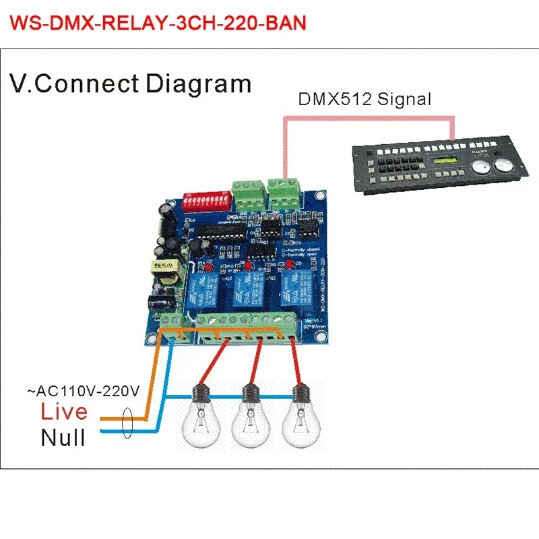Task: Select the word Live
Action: (64, 411)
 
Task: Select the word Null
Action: (63, 438)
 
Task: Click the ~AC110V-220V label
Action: (83, 389)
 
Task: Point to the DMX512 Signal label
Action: (364, 100)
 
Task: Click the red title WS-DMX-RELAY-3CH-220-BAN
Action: (160, 23)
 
